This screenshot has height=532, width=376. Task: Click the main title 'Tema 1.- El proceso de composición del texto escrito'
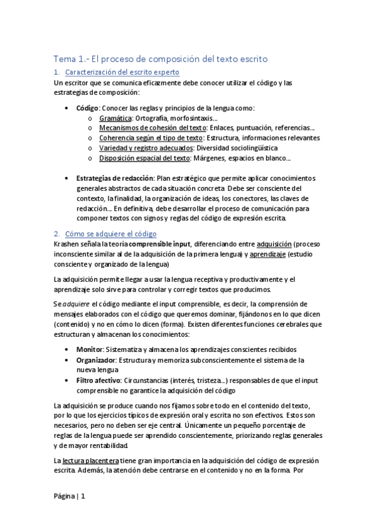pos(161,59)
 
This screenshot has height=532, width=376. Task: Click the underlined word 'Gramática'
pos(115,117)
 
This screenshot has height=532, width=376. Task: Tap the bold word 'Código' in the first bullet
pos(87,108)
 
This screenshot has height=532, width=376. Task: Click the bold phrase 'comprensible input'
pos(157,243)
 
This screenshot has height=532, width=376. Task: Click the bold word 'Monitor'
pos(90,349)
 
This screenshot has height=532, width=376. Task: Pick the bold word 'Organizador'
pos(97,359)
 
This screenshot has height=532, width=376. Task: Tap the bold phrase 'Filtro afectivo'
pos(99,380)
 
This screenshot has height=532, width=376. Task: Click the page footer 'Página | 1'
pos(69,496)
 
